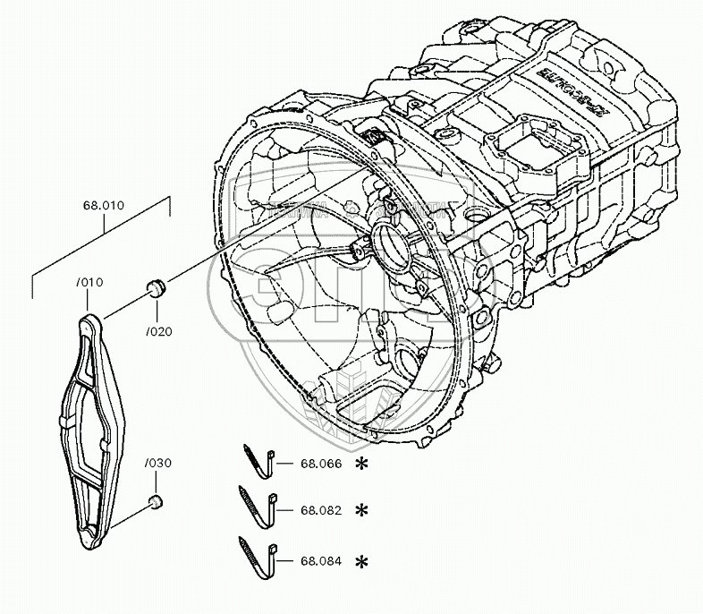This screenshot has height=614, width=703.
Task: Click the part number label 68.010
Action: click(x=103, y=205)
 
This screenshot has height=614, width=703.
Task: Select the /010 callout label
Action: click(x=91, y=284)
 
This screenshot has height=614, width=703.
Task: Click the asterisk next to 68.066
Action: click(x=361, y=464)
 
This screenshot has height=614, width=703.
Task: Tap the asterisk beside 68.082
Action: click(x=361, y=510)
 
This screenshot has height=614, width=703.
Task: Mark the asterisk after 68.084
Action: click(x=361, y=562)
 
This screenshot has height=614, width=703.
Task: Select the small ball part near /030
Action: click(x=155, y=500)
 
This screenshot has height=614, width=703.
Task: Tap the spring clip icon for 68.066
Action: click(x=259, y=459)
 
